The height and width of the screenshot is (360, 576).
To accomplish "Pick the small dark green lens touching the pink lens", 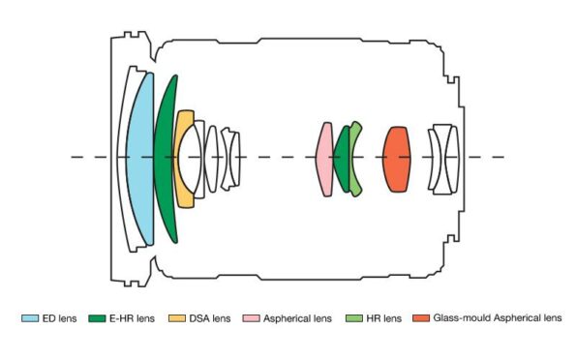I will [x=341, y=157].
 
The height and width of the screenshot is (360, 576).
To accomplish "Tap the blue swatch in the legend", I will [x=30, y=317].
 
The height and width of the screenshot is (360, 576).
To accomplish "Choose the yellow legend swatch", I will [x=176, y=317].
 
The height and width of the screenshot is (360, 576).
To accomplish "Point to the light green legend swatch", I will [x=352, y=317].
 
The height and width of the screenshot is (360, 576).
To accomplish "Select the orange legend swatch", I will [x=419, y=317].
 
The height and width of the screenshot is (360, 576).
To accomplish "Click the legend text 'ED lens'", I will [x=58, y=317].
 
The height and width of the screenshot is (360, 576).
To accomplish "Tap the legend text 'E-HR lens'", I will [x=133, y=317].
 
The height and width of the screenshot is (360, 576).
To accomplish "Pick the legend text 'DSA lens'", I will [x=208, y=317].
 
